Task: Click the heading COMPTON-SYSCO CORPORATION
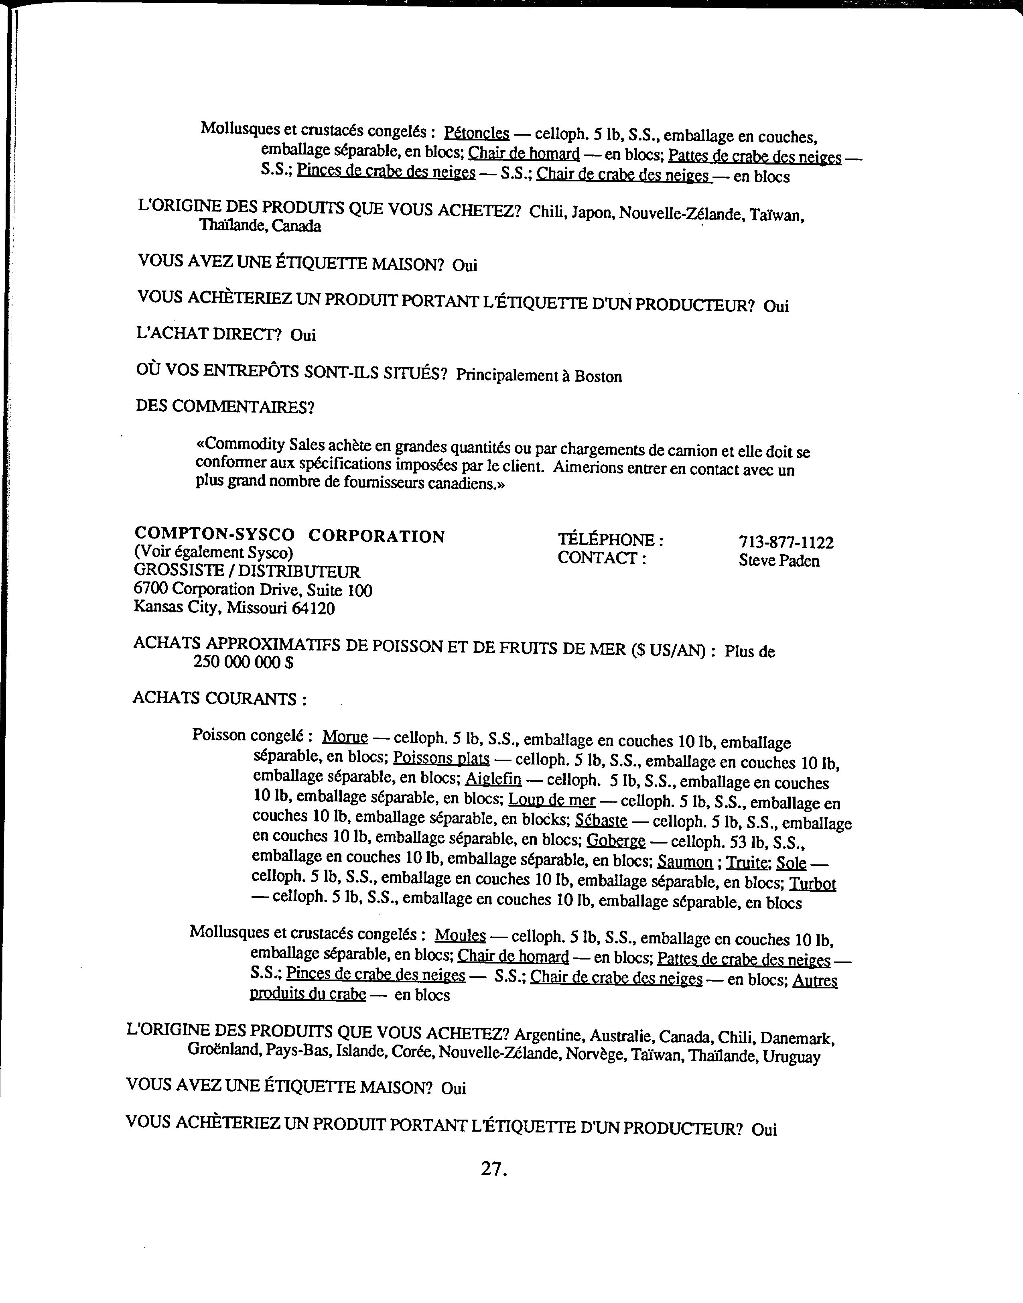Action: click(289, 535)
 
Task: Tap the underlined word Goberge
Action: click(616, 841)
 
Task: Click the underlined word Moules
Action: click(460, 935)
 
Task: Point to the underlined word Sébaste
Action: click(601, 820)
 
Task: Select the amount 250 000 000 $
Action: click(243, 662)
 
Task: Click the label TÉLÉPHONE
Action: click(610, 540)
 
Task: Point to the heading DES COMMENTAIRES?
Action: click(225, 407)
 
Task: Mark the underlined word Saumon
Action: click(685, 862)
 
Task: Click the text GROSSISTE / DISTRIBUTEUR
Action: click(247, 571)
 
